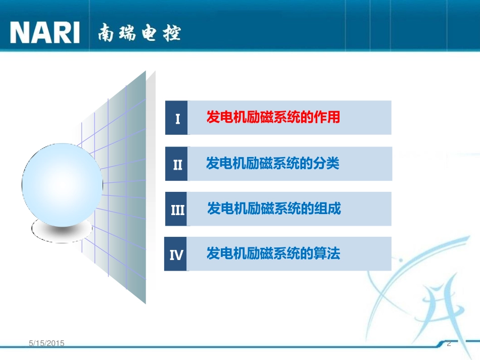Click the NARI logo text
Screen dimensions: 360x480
(x=45, y=33)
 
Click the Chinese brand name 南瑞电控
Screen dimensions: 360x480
(x=139, y=33)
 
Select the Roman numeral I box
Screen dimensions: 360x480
(x=177, y=118)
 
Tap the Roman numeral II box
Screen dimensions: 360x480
(x=177, y=164)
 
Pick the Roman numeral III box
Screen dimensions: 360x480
(x=177, y=209)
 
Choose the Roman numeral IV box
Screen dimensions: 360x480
(x=176, y=254)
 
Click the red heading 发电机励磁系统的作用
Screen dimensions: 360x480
(x=273, y=118)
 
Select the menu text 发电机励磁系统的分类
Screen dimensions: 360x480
(x=273, y=164)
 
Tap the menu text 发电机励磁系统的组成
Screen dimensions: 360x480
(x=274, y=209)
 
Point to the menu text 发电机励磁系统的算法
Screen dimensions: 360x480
(x=273, y=253)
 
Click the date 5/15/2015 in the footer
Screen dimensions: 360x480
(x=46, y=343)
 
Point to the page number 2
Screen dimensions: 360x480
(x=449, y=343)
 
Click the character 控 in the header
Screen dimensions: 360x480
(x=172, y=34)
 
